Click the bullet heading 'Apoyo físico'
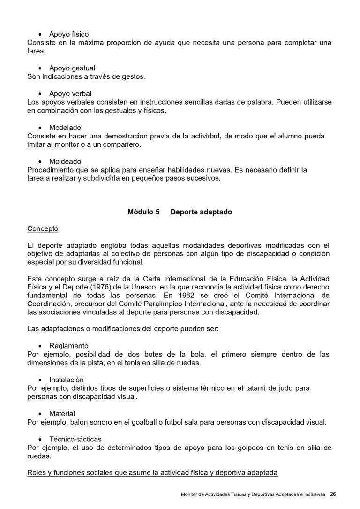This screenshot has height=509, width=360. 68,34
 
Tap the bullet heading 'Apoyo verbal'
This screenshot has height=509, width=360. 70,93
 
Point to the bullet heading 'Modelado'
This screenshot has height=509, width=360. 65,127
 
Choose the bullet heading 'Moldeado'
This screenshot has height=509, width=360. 65,161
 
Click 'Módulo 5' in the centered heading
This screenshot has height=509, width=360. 143,212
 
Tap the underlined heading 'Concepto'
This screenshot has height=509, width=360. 43,228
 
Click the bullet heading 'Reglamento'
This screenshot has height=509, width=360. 68,346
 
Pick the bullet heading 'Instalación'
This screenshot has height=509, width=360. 67,380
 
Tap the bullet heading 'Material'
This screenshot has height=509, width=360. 62,414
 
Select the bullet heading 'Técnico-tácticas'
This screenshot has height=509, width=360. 75,439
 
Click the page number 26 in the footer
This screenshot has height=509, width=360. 333,494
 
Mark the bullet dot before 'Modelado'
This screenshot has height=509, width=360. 39,128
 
